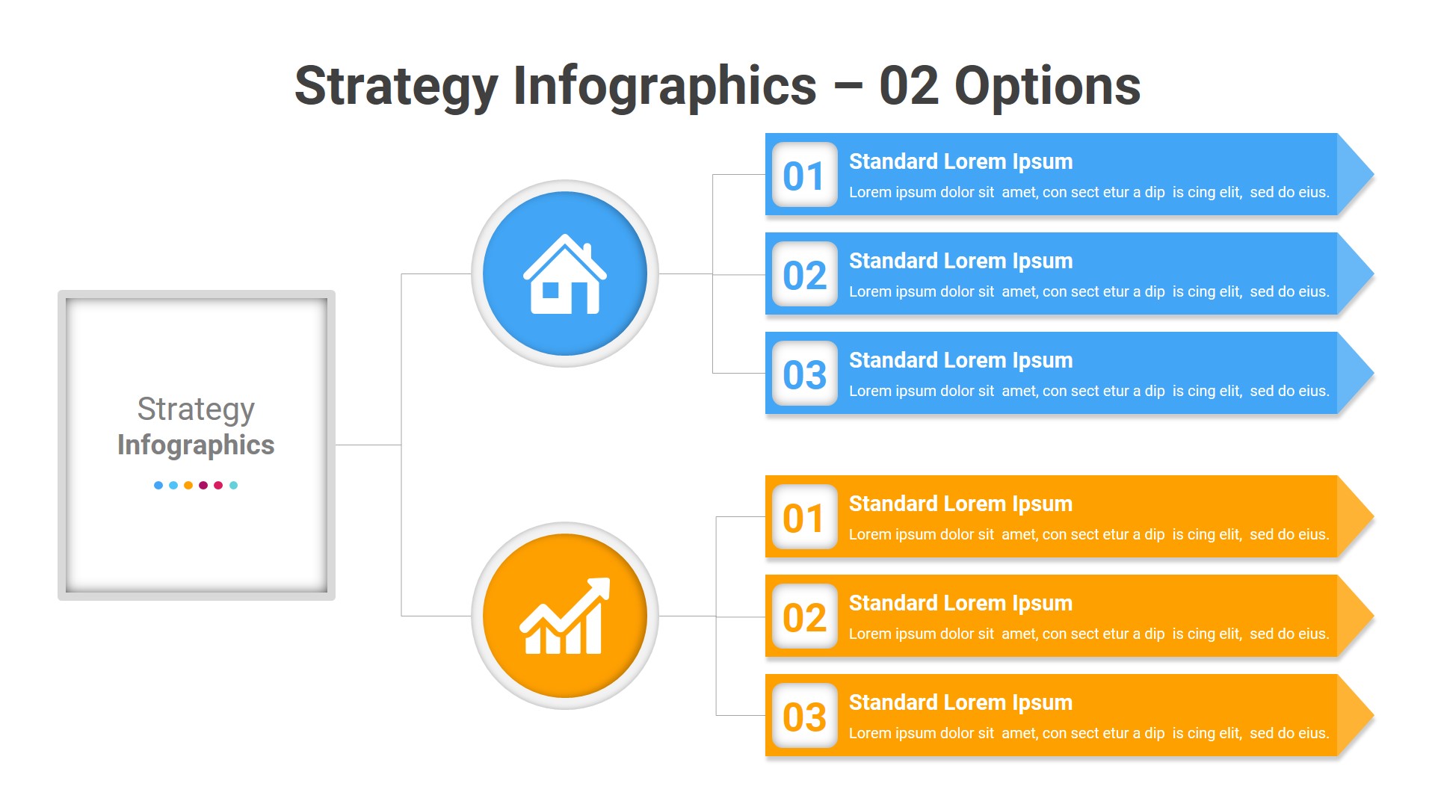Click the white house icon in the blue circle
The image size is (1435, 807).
click(565, 274)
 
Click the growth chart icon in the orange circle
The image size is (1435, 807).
click(565, 616)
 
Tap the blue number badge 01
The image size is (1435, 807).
click(804, 176)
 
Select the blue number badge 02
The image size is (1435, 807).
click(804, 275)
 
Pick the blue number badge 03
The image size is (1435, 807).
click(804, 374)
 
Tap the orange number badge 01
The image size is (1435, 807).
click(804, 518)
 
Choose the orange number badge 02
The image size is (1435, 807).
click(804, 617)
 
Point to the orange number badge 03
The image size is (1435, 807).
click(804, 717)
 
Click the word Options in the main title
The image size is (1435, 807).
click(1047, 87)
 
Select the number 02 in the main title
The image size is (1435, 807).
click(908, 87)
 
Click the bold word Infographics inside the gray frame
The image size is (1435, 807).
click(196, 445)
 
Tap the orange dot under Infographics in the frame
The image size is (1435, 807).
click(188, 486)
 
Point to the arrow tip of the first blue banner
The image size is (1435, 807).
click(1356, 174)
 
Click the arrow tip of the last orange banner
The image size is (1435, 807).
click(1356, 715)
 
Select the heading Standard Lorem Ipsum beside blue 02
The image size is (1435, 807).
click(960, 261)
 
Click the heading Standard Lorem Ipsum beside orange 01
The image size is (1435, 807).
click(960, 504)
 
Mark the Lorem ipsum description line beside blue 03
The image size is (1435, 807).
click(1089, 391)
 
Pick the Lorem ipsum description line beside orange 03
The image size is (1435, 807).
click(1089, 733)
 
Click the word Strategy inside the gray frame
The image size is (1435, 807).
click(196, 409)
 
